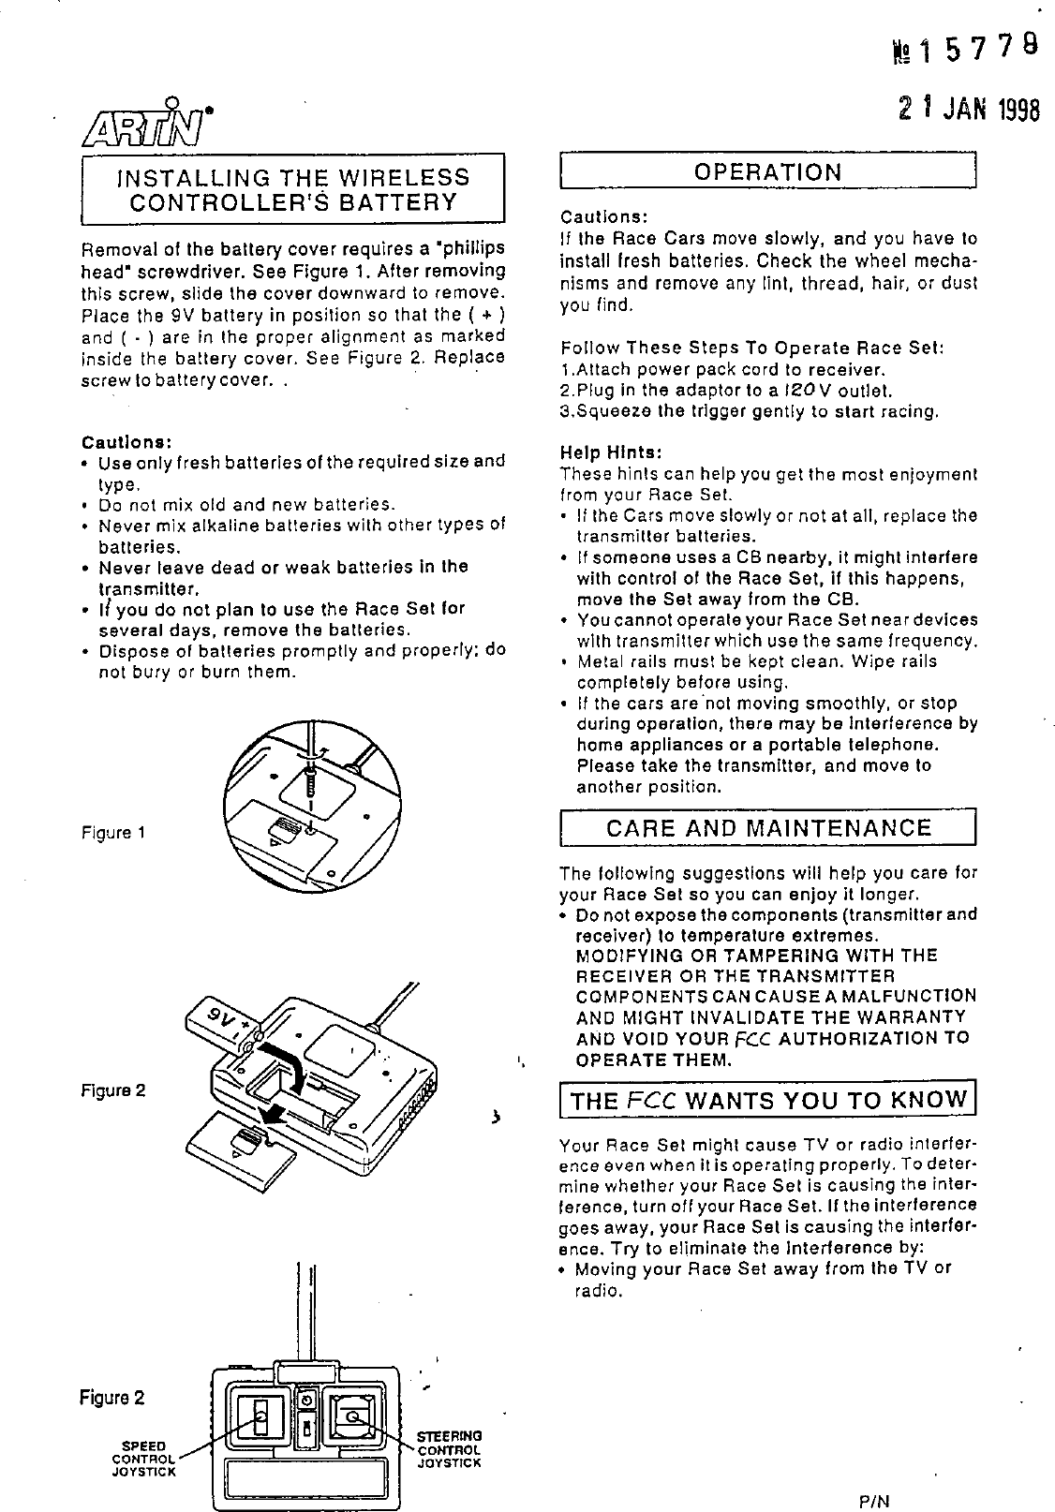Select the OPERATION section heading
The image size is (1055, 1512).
(767, 171)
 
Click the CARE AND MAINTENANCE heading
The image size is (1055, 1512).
(768, 828)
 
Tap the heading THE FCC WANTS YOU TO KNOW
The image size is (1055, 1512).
(768, 1100)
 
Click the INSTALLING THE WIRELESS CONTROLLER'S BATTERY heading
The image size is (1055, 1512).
(292, 189)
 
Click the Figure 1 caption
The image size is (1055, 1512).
(111, 832)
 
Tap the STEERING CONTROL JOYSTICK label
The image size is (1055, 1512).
(449, 1448)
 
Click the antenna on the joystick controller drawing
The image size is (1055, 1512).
(305, 1312)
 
